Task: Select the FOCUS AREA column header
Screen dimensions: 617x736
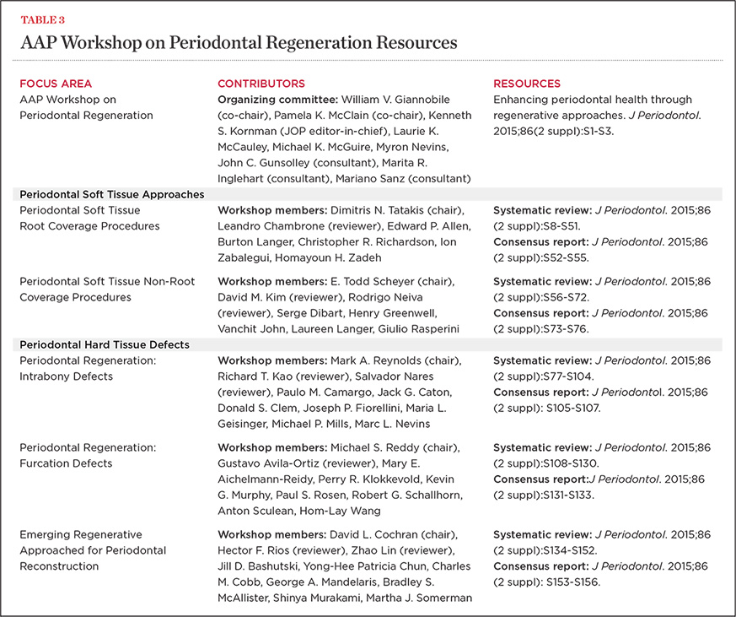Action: (56, 84)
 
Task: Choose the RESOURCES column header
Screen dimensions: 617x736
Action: (527, 84)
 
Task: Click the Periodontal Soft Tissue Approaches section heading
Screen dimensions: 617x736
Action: (112, 194)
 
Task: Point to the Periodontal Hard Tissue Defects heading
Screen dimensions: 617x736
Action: (105, 344)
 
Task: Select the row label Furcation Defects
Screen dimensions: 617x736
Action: (65, 463)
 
